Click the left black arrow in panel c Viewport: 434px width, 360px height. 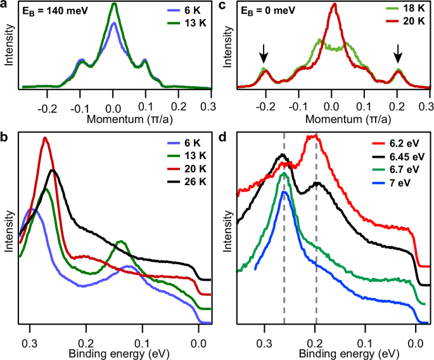(x=264, y=57)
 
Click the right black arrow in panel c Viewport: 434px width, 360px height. (x=398, y=57)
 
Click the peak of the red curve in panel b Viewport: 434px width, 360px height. (x=44, y=138)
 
